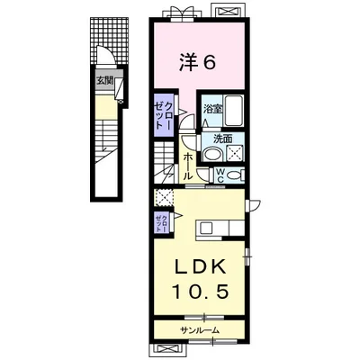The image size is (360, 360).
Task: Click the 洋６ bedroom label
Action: click(197, 63)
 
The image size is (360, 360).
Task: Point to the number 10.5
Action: click(201, 291)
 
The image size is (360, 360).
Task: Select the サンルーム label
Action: click(200, 330)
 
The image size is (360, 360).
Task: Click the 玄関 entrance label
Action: click(104, 80)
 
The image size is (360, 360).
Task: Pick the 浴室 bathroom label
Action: click(212, 109)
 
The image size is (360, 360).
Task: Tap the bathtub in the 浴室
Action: click(233, 111)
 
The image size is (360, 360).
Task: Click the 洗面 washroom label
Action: click(222, 139)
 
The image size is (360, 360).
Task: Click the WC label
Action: click(220, 175)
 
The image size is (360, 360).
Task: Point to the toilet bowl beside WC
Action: click(235, 175)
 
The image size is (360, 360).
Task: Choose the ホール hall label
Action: click(188, 166)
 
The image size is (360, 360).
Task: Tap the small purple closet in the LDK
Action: click(162, 222)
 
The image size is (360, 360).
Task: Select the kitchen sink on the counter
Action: click(207, 229)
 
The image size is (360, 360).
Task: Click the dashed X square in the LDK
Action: click(164, 198)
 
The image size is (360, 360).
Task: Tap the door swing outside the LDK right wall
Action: click(253, 205)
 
